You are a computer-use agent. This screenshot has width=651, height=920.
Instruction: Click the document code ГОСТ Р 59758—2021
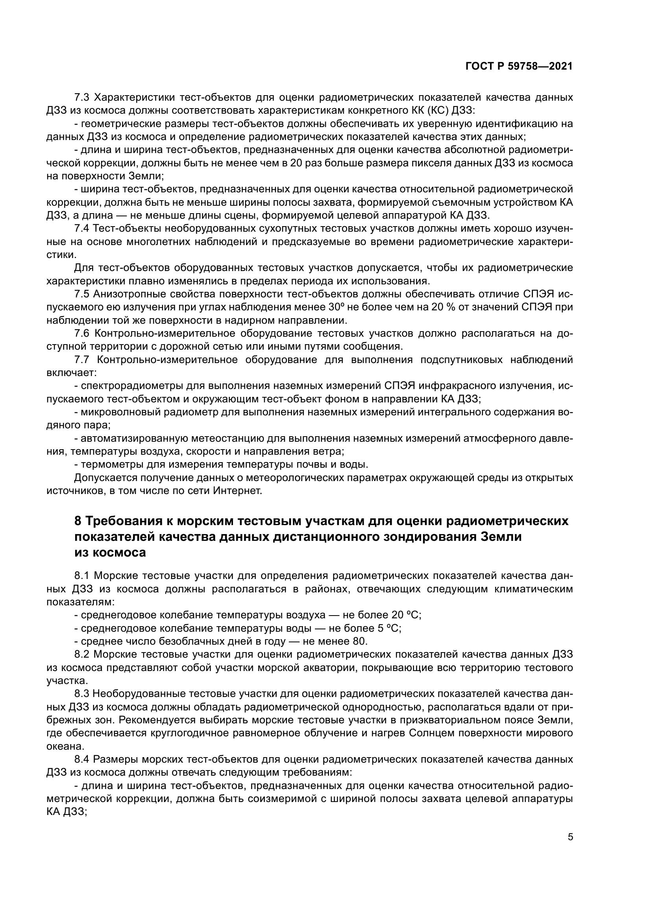pyautogui.click(x=519, y=66)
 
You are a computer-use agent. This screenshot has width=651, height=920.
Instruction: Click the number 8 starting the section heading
pyautogui.click(x=78, y=521)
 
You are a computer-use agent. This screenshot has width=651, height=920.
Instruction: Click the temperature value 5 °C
pyautogui.click(x=388, y=628)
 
